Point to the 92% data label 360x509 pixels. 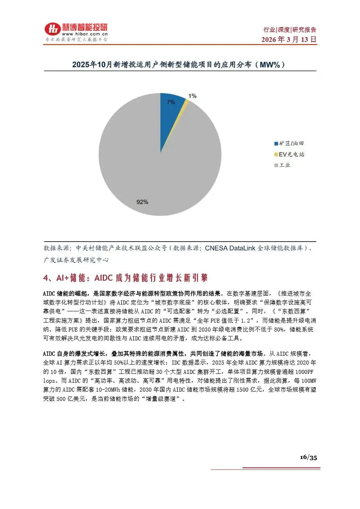[x=142, y=202]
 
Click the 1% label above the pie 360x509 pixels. [x=193, y=96]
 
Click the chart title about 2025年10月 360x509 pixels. [x=180, y=65]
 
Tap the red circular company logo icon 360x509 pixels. [x=52, y=30]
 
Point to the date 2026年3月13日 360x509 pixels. [x=289, y=40]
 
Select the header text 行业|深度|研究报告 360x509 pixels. [x=290, y=29]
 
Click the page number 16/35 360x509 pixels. [x=308, y=457]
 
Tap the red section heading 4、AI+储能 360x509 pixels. [x=125, y=278]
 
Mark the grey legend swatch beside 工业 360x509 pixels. [x=276, y=165]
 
